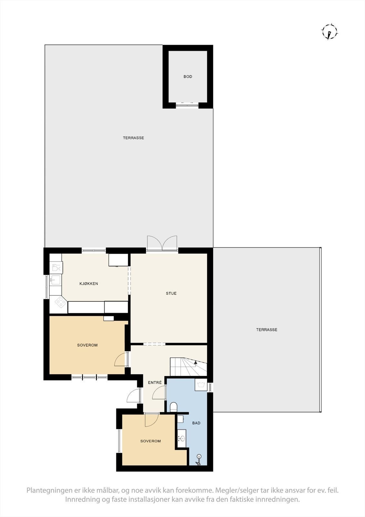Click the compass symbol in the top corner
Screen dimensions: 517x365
click(x=329, y=32)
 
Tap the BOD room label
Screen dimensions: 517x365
click(x=188, y=77)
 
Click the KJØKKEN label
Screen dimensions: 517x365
click(x=89, y=284)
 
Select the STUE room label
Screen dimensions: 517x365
click(x=171, y=293)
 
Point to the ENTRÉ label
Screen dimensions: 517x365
click(x=155, y=383)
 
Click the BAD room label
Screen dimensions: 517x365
click(x=196, y=423)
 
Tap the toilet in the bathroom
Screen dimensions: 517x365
click(x=173, y=407)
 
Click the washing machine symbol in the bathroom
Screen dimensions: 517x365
click(x=201, y=385)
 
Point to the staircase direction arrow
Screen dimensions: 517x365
click(x=195, y=363)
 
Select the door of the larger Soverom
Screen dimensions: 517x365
click(x=121, y=359)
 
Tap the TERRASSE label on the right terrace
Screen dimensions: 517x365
click(x=267, y=330)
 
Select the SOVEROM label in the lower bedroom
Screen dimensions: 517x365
click(x=150, y=441)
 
